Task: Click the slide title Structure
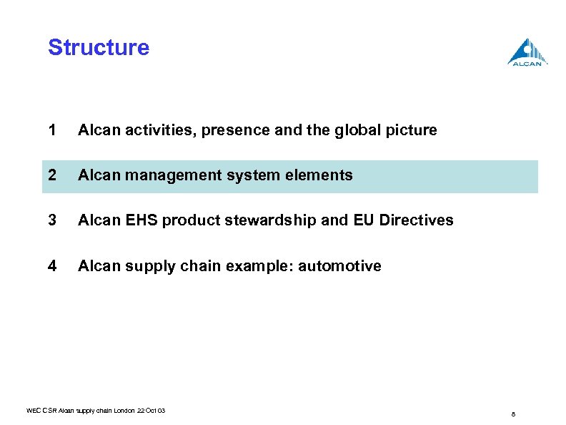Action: click(99, 48)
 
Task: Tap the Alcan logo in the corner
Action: click(527, 52)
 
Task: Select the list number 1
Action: click(51, 130)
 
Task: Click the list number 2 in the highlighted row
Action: click(51, 175)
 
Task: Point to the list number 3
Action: click(51, 220)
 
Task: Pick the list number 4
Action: click(51, 266)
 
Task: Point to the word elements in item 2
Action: click(321, 175)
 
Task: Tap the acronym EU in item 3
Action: click(363, 220)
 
